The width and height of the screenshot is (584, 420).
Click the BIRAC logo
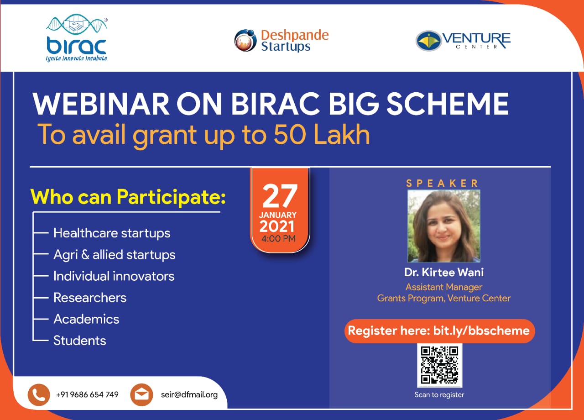[x=77, y=38]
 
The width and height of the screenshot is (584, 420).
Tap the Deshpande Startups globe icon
[x=245, y=41]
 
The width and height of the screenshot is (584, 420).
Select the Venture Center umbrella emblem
[x=428, y=41]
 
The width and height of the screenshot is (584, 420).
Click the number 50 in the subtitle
[x=290, y=134]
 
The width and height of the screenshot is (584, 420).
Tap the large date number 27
[x=280, y=195]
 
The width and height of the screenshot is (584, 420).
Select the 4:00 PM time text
[x=278, y=238]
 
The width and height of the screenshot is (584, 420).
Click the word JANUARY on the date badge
[x=278, y=215]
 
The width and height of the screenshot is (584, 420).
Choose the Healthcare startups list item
[x=112, y=233]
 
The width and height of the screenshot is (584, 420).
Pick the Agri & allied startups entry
[x=115, y=255]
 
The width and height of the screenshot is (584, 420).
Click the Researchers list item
[x=90, y=298]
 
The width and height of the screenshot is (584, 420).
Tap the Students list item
[x=80, y=341]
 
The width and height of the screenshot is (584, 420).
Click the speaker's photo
[x=444, y=226]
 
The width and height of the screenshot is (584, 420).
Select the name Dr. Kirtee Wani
[x=444, y=273]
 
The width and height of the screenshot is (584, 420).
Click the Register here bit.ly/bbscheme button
[x=439, y=331]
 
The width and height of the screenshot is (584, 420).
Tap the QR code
[x=439, y=365]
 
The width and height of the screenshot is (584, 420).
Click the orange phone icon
[x=39, y=395]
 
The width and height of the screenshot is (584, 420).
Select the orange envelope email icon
[x=141, y=395]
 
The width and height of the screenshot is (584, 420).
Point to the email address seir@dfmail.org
[x=189, y=395]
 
